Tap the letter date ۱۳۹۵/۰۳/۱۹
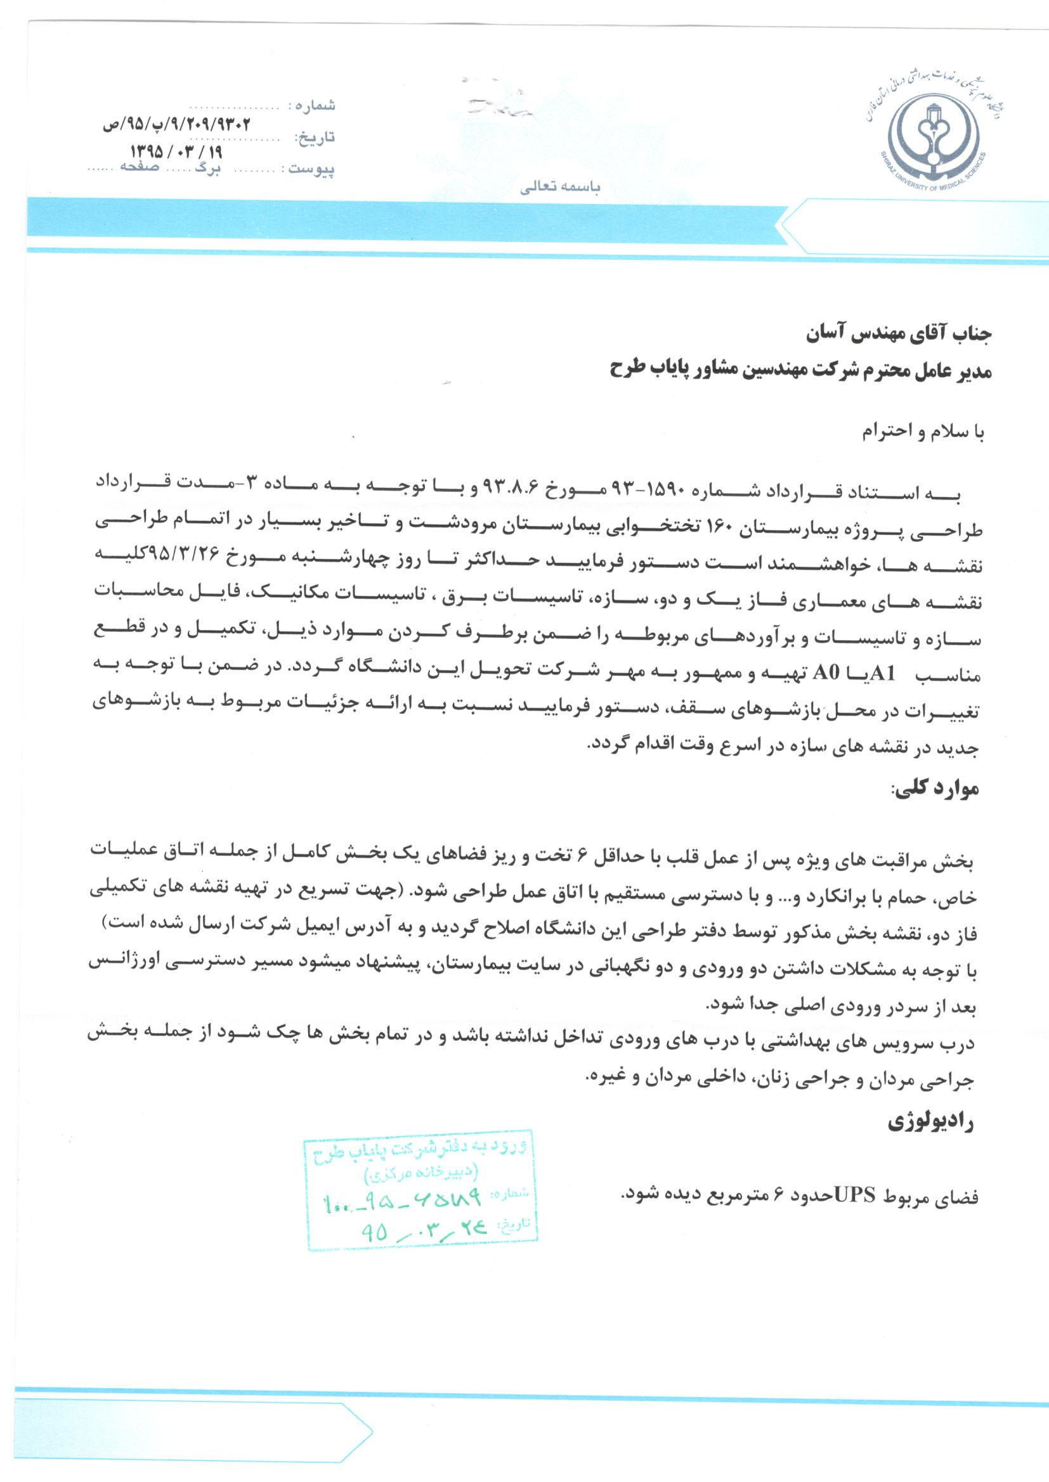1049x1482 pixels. [x=176, y=152]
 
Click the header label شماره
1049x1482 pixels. [x=316, y=105]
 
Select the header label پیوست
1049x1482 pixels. [x=311, y=169]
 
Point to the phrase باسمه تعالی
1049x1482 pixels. [x=560, y=188]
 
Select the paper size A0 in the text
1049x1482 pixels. [x=826, y=674]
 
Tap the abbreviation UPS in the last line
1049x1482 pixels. [x=855, y=1196]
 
